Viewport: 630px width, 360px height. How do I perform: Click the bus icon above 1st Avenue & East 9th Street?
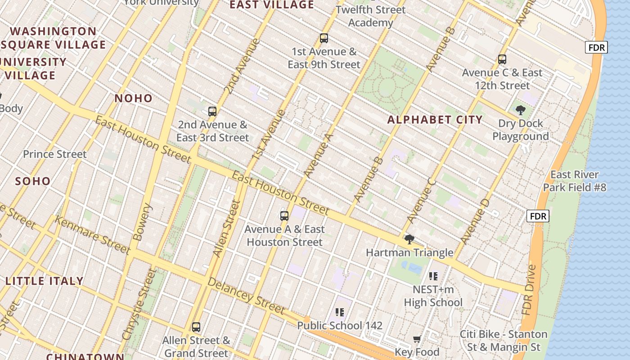click(x=324, y=38)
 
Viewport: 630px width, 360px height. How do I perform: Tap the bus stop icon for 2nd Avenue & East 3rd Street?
click(x=212, y=111)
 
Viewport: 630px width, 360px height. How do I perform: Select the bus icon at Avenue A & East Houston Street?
click(x=284, y=216)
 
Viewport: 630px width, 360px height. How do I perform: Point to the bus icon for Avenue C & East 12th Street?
click(x=502, y=59)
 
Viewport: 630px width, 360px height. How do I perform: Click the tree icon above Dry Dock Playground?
click(x=520, y=110)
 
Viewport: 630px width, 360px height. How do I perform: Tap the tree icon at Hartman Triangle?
click(x=409, y=239)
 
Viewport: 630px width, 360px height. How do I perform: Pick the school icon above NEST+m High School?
click(x=433, y=276)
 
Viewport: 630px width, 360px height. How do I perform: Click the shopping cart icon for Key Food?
click(x=417, y=338)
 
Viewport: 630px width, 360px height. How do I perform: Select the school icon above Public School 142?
click(x=340, y=312)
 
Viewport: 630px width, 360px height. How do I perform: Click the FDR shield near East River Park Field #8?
click(x=538, y=216)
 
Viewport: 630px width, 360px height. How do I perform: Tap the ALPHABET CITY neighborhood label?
click(x=435, y=120)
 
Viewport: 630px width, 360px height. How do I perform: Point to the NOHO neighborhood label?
click(x=133, y=98)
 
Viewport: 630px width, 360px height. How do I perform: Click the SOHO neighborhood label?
click(x=33, y=181)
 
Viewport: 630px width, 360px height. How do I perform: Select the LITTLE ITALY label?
click(x=45, y=281)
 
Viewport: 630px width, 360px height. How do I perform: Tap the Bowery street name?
click(x=143, y=222)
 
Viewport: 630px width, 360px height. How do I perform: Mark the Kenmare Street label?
click(x=92, y=235)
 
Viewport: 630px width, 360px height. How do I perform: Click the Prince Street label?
click(x=54, y=154)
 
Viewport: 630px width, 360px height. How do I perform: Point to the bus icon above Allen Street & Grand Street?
click(x=196, y=327)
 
